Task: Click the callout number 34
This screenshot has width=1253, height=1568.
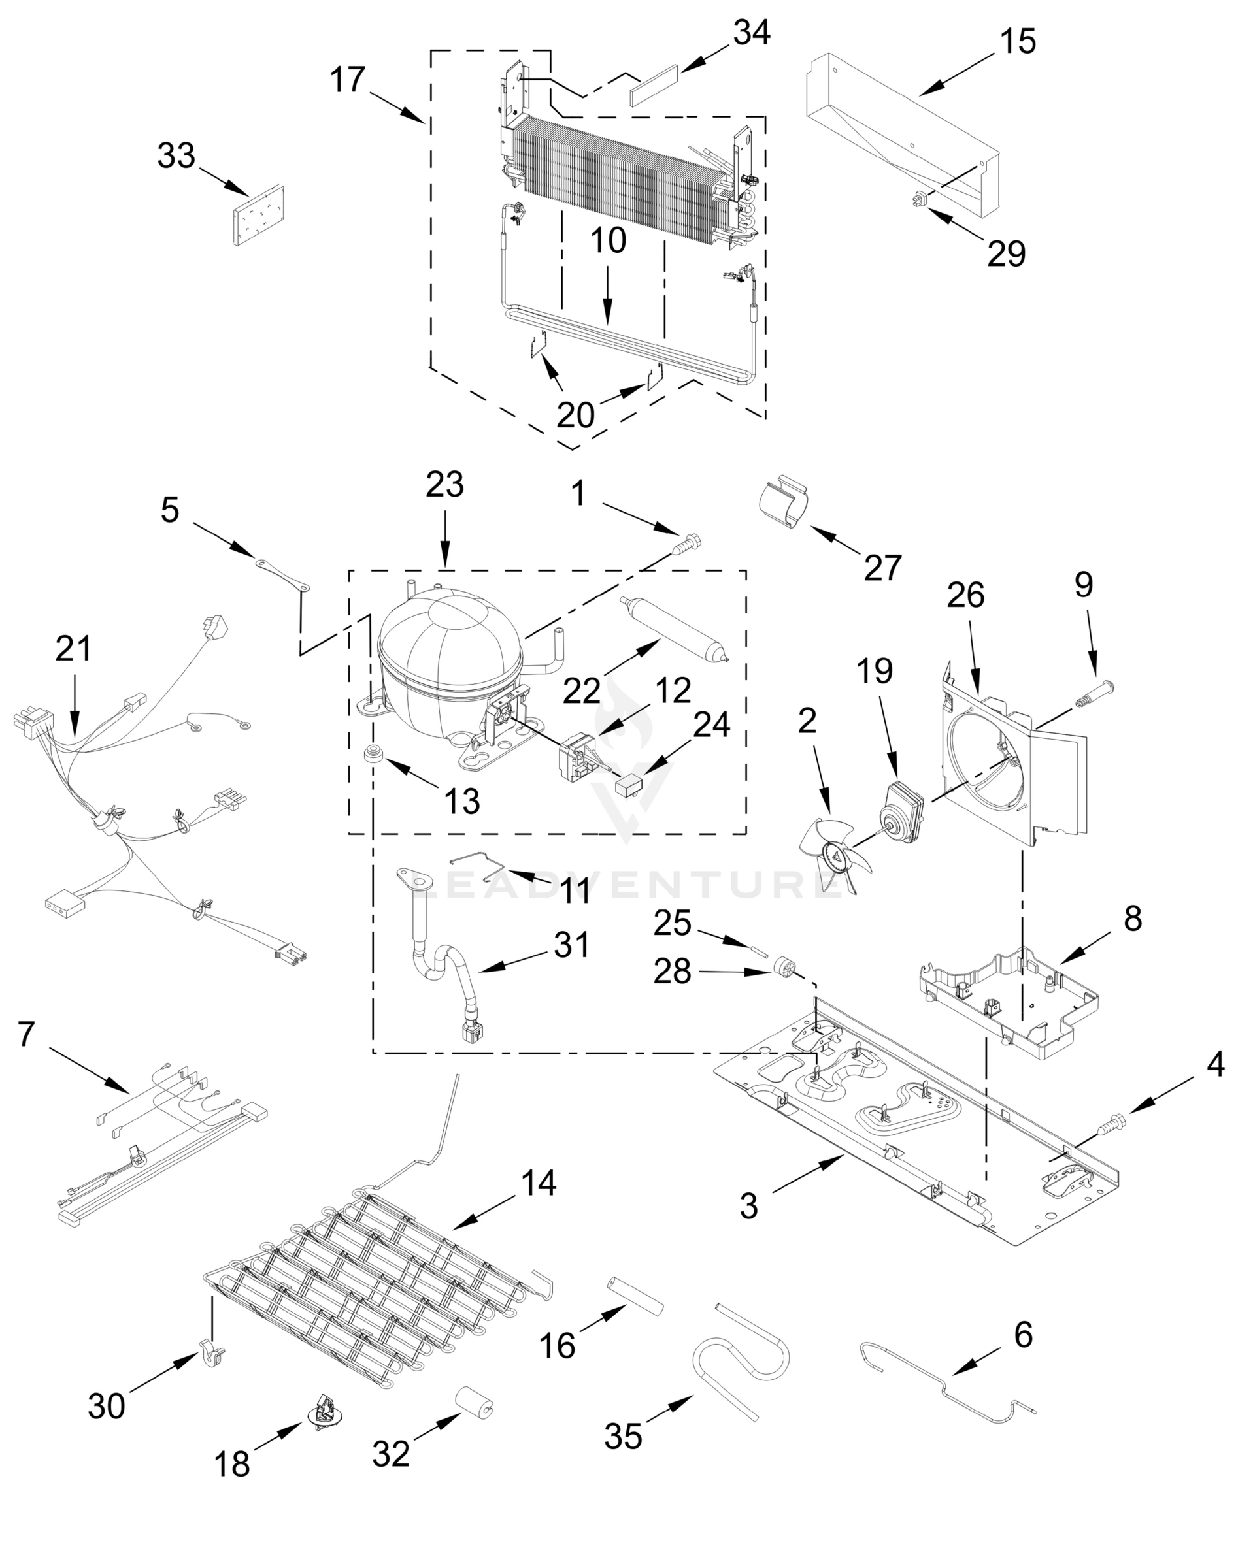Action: click(751, 33)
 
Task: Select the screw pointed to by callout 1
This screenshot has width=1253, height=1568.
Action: click(687, 544)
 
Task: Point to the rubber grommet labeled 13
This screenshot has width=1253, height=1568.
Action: click(374, 753)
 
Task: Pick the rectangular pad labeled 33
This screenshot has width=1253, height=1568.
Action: click(258, 216)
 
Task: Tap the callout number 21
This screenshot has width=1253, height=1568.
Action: click(73, 649)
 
